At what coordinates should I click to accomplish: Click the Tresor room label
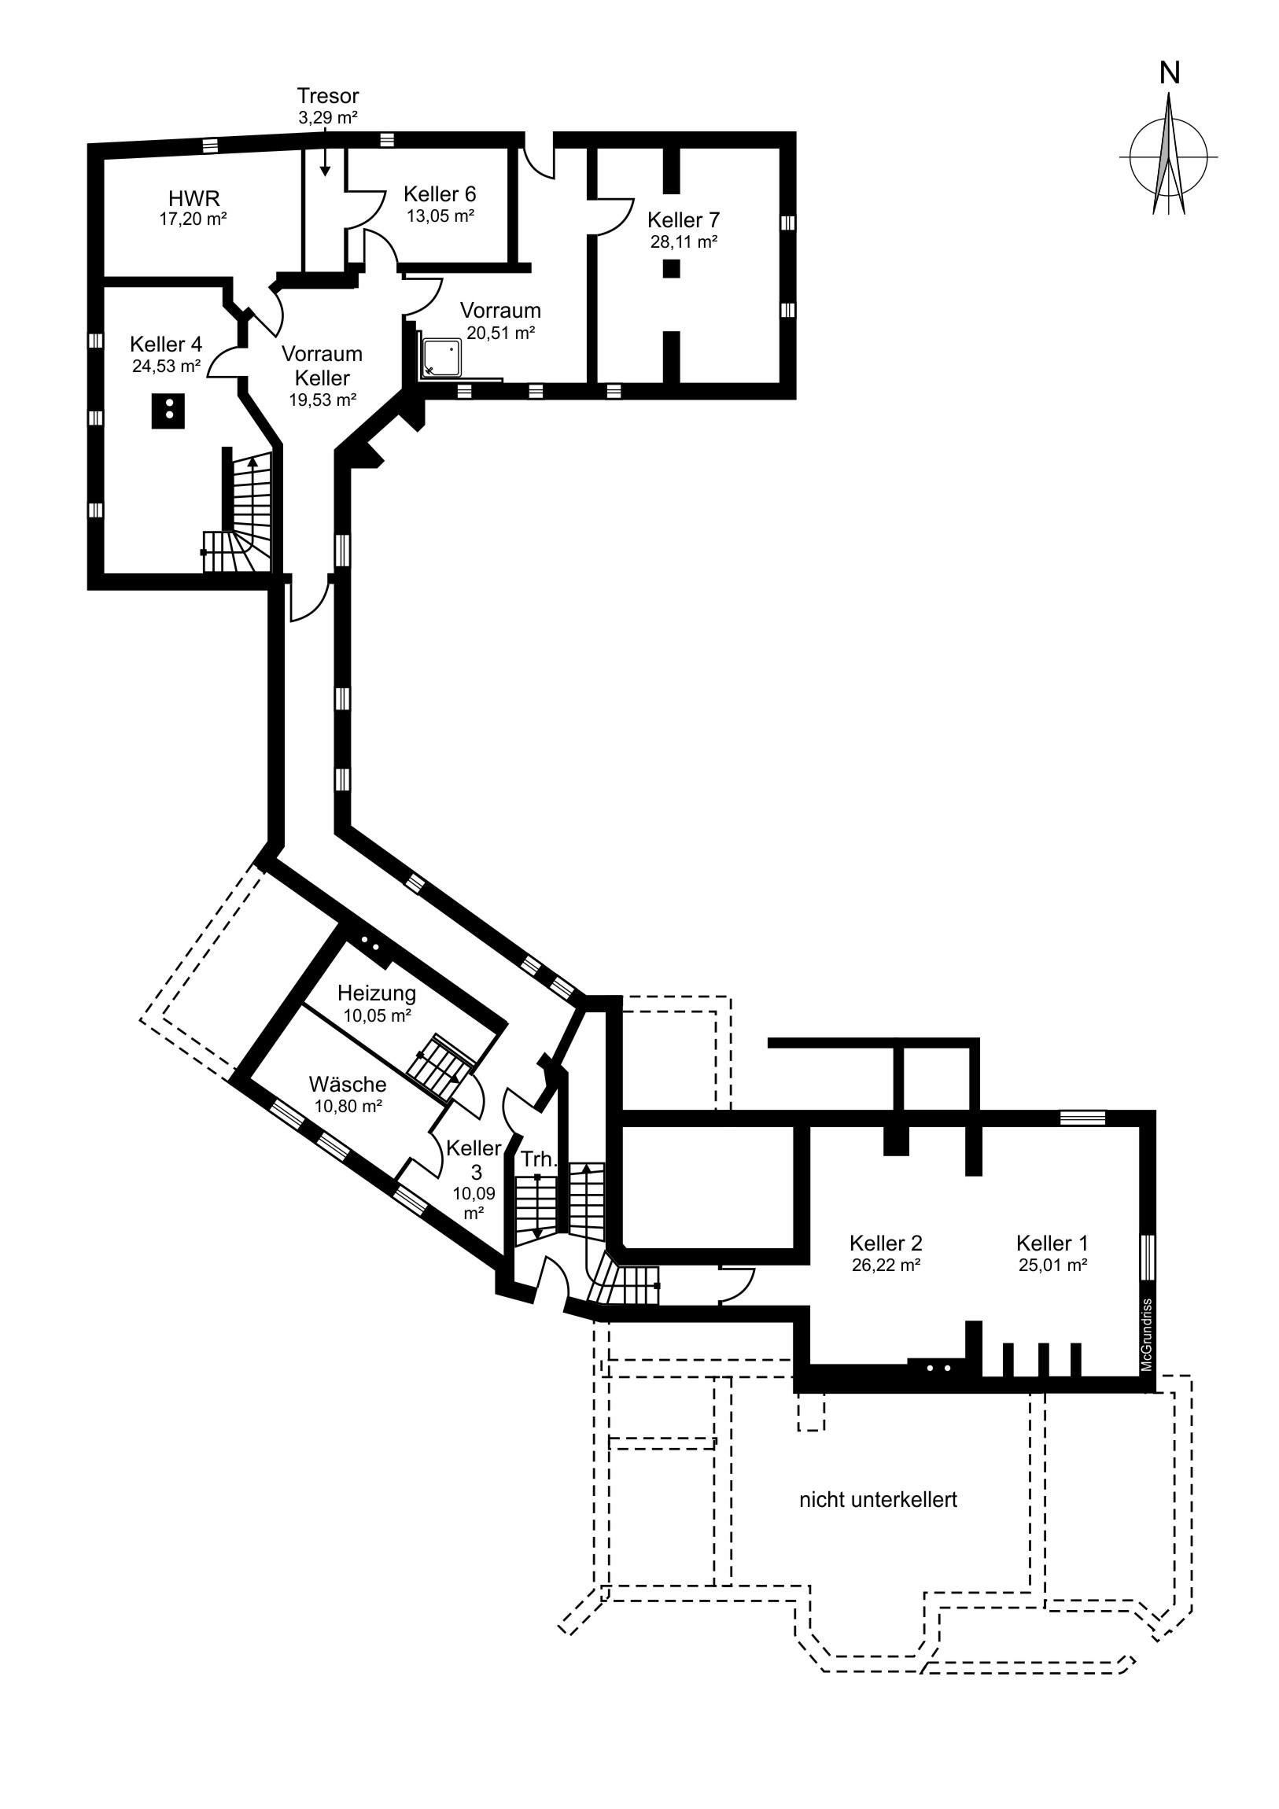pyautogui.click(x=328, y=96)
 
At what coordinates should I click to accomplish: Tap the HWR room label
pyautogui.click(x=194, y=198)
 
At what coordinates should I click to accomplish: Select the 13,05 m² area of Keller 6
pyautogui.click(x=440, y=216)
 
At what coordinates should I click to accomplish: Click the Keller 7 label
pyautogui.click(x=684, y=219)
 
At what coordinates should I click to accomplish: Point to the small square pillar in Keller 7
pyautogui.click(x=671, y=269)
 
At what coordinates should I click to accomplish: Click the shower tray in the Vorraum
pyautogui.click(x=442, y=358)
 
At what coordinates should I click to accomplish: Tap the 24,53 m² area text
pyautogui.click(x=166, y=366)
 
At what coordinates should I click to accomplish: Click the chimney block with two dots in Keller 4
pyautogui.click(x=168, y=411)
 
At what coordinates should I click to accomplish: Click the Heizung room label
pyautogui.click(x=377, y=993)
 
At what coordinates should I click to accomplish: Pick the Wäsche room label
pyautogui.click(x=348, y=1084)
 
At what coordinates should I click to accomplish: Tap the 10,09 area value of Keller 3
pyautogui.click(x=474, y=1193)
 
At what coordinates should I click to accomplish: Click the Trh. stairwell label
pyautogui.click(x=539, y=1160)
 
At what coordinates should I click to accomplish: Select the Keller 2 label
pyautogui.click(x=886, y=1243)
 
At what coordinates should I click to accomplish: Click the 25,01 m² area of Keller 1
pyautogui.click(x=1052, y=1266)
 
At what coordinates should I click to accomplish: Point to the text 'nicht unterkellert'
pyautogui.click(x=878, y=1499)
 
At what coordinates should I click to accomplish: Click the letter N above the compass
pyautogui.click(x=1170, y=73)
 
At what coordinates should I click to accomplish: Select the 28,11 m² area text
pyautogui.click(x=684, y=242)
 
